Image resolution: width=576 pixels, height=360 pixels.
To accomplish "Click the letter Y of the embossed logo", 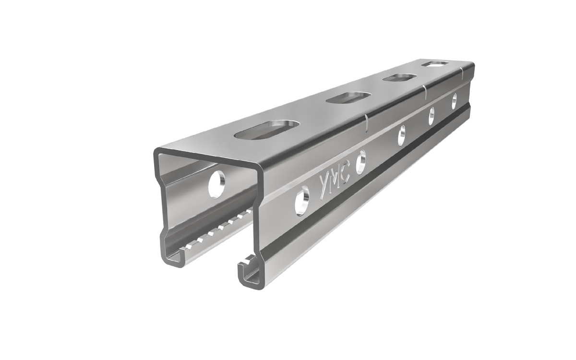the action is (324, 186).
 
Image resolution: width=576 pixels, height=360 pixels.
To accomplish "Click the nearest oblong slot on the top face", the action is (267, 130).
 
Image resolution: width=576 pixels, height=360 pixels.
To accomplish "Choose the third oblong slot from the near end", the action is (399, 78).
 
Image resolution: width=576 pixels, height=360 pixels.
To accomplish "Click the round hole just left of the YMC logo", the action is (302, 201).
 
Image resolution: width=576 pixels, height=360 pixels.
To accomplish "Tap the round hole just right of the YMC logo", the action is (360, 163).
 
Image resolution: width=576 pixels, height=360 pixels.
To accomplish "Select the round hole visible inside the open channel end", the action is (216, 184).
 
